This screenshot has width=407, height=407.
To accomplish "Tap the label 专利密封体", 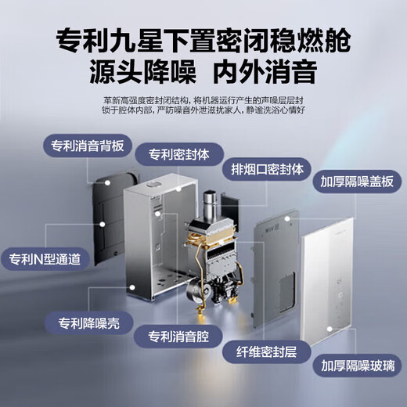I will (x=177, y=154).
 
